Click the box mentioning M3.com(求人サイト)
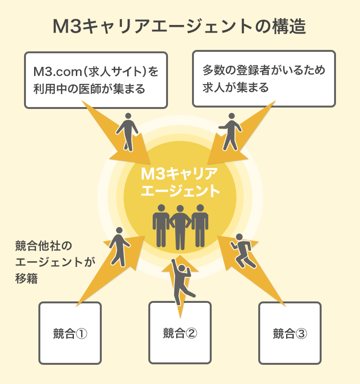(96, 80)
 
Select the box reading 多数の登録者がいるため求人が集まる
(264, 79)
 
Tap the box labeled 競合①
(70, 333)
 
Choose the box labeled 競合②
(180, 333)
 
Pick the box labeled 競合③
(290, 333)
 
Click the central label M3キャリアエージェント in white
(180, 181)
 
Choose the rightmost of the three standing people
(200, 225)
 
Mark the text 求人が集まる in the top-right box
(235, 88)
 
